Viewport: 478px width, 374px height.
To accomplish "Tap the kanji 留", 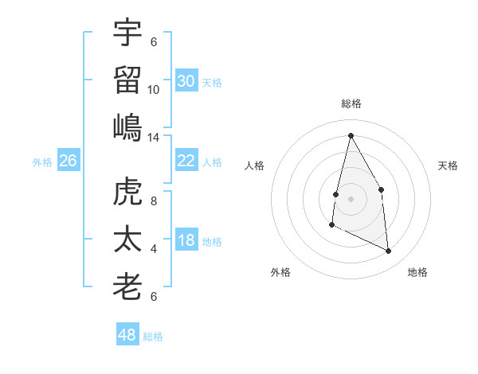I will click(x=127, y=80).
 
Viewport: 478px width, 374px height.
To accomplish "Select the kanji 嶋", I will click(x=127, y=127).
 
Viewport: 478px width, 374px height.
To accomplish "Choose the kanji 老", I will click(x=127, y=286).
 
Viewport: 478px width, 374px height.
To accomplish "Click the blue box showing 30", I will click(x=186, y=81).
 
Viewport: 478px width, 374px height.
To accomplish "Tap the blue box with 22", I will click(x=186, y=161).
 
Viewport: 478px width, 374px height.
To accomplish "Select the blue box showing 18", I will click(x=186, y=241).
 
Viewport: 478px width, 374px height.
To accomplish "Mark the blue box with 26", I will click(x=68, y=161).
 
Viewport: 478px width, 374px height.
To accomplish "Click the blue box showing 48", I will click(x=127, y=335).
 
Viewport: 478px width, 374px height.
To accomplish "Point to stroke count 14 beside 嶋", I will click(x=154, y=138).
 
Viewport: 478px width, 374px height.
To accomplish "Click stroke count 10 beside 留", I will click(x=154, y=90).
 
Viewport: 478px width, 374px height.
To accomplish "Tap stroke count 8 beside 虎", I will click(x=154, y=201).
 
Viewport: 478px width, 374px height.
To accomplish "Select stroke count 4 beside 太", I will click(x=154, y=249).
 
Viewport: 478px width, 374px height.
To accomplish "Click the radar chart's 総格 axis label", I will click(x=351, y=103).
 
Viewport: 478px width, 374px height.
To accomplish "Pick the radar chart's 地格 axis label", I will click(x=417, y=272).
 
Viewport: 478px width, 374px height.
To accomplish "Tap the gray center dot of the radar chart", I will click(x=351, y=198).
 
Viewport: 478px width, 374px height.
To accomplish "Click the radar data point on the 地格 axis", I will click(x=389, y=251).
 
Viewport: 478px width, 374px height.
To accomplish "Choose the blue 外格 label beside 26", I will click(x=41, y=162).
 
